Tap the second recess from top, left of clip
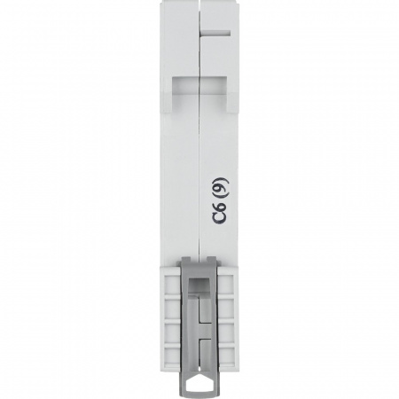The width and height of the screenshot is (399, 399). tap(173, 307)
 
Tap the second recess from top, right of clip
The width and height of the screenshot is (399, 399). tap(227, 307)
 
